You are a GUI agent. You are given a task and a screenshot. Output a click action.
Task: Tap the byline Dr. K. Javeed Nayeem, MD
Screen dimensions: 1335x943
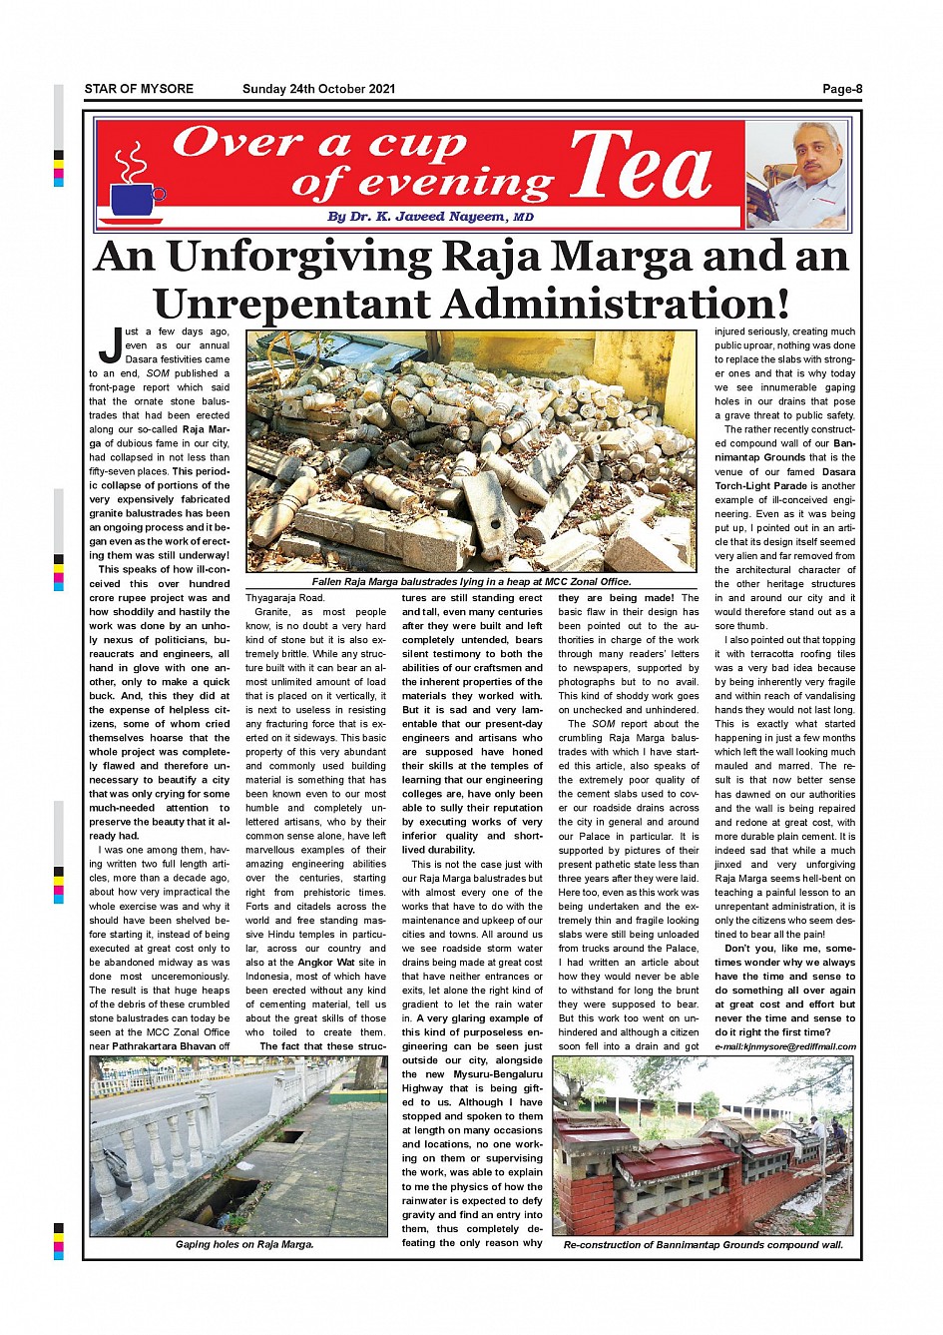[430, 217]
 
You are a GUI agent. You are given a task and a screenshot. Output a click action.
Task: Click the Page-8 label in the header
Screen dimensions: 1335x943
[841, 89]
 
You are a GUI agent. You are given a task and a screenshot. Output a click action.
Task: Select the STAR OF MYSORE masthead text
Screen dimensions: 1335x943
[139, 89]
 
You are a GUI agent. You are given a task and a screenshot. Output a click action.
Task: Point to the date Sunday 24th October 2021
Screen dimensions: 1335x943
[318, 89]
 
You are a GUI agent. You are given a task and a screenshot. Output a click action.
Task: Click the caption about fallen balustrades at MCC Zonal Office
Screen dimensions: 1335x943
[471, 581]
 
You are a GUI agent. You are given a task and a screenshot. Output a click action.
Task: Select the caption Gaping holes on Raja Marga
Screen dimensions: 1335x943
[244, 1244]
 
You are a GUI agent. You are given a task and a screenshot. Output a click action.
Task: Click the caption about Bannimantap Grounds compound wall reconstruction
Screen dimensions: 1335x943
[703, 1245]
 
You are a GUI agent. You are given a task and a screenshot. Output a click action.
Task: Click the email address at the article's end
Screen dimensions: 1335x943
[785, 1046]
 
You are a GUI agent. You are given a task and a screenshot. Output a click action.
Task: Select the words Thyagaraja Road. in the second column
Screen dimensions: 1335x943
[284, 597]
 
